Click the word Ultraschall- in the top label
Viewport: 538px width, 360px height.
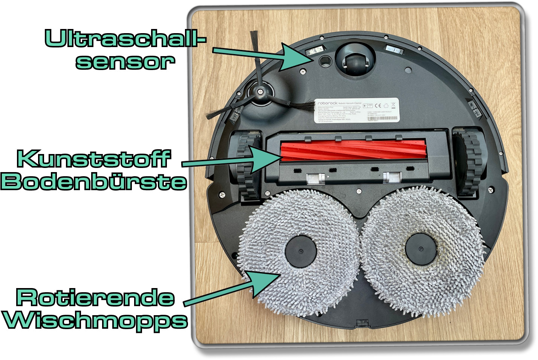125,38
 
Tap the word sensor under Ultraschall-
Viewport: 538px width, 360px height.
125,62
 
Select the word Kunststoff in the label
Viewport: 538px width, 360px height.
94,159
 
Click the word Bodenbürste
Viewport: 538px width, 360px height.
94,182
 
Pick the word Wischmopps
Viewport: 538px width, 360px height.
95,321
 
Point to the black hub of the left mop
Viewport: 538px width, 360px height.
300,251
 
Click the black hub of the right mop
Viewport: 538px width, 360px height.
421,249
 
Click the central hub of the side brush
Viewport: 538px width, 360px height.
260,92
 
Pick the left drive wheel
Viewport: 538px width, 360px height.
246,166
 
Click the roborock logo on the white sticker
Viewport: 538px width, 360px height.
327,103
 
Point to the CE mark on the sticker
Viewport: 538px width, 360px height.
378,106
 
